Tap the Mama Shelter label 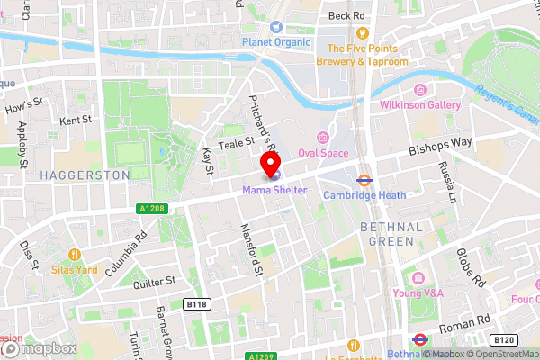click(274, 190)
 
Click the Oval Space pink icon click(322, 136)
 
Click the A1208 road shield click(152, 208)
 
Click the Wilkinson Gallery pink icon click(418, 90)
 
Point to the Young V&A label click(418, 292)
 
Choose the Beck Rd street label click(347, 16)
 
